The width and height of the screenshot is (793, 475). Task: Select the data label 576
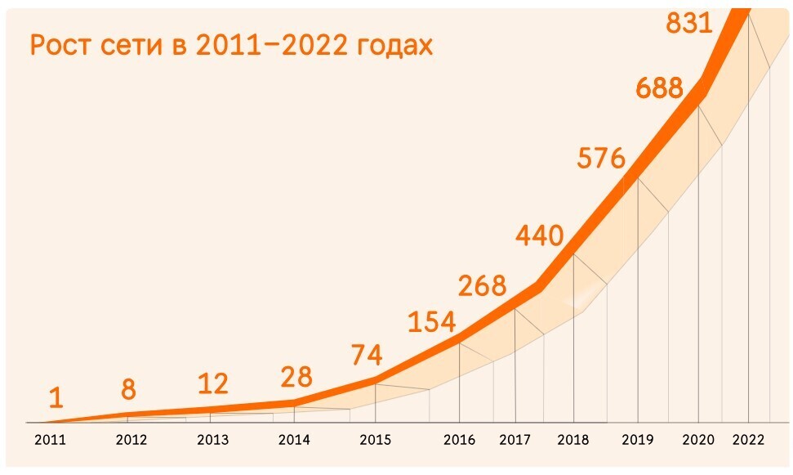coord(600,158)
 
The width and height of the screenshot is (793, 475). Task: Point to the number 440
coord(539,235)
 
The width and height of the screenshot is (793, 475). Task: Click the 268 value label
coord(482,286)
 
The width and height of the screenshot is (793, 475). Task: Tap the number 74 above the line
coord(367,356)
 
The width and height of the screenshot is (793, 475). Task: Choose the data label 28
coord(296,377)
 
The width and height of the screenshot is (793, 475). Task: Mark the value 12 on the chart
coord(213,383)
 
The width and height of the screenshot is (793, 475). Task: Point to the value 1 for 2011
coord(56,398)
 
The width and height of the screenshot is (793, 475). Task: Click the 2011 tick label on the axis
coord(50,440)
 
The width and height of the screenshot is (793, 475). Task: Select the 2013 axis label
coord(213,440)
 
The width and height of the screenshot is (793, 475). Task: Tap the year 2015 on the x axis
coord(376,440)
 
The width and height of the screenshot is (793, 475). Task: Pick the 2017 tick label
coord(515,440)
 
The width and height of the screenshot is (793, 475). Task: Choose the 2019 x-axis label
coord(637,440)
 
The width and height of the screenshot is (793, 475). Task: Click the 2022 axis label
coord(749,440)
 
